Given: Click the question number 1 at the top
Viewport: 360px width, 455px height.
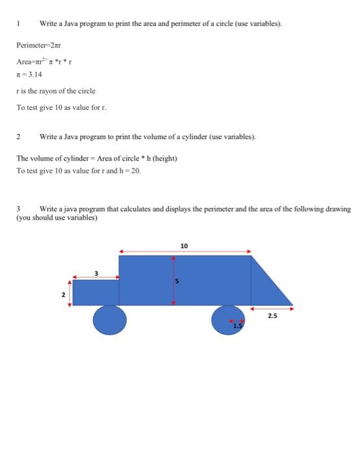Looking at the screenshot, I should (19, 23).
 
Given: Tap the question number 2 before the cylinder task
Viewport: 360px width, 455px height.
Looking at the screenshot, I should (19, 137).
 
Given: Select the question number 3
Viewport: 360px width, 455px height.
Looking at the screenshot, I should (19, 209).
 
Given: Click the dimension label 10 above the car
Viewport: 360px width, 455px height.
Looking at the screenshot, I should (184, 246).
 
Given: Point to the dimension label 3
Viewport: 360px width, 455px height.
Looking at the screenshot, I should (96, 273).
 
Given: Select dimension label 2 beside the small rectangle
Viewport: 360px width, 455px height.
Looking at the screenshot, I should (63, 294).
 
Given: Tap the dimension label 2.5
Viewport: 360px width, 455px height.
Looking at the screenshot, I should (272, 315).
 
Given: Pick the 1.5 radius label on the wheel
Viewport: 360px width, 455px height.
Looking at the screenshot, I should (238, 326).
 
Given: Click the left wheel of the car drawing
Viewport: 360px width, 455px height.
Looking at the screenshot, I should (109, 320).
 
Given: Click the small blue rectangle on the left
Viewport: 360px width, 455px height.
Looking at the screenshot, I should (96, 292).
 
